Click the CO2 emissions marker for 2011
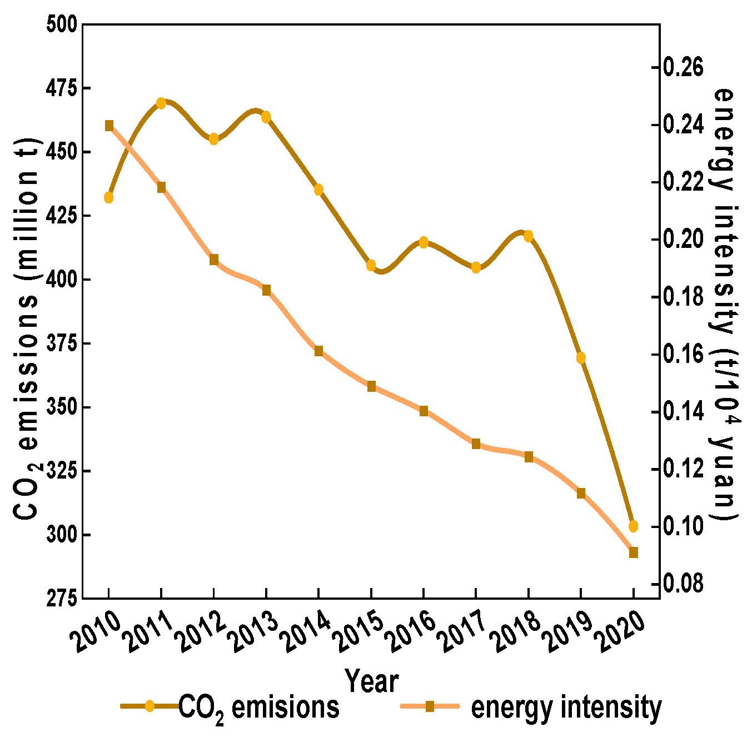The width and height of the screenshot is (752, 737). tap(161, 103)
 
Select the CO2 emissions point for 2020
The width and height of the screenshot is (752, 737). tap(633, 526)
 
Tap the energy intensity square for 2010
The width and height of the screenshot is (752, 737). tap(109, 126)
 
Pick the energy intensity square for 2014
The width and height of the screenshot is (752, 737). tap(318, 351)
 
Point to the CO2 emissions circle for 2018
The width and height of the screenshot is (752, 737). tap(528, 236)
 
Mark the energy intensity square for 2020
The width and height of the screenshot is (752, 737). tap(633, 552)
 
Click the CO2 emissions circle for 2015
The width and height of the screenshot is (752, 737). tap(371, 265)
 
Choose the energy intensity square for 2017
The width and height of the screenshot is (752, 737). tap(476, 444)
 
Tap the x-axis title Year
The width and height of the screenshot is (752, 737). tap(371, 680)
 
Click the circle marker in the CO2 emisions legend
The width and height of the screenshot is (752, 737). tap(149, 706)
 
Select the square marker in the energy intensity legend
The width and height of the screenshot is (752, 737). tap(430, 706)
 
